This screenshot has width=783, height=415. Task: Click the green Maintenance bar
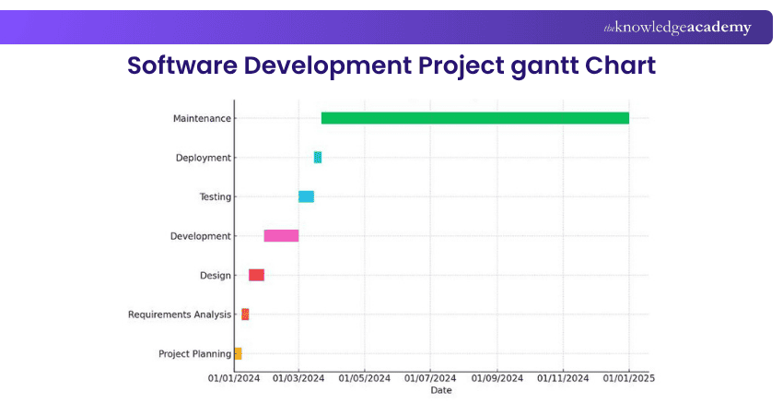474,118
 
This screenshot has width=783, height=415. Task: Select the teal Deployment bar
318,158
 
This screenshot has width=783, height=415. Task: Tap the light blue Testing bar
306,196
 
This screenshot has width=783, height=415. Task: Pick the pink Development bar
281,236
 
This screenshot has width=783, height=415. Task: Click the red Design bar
256,275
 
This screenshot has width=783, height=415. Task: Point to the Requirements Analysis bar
245,314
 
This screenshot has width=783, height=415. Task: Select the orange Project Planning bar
238,353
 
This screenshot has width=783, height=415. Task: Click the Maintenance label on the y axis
202,118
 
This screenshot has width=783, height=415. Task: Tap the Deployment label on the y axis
203,158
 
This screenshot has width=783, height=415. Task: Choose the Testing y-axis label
215,196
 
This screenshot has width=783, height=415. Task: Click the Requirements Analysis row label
180,314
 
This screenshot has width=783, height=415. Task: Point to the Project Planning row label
194,353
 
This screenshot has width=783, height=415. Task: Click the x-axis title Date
441,390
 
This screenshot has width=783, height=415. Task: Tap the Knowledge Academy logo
677,28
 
